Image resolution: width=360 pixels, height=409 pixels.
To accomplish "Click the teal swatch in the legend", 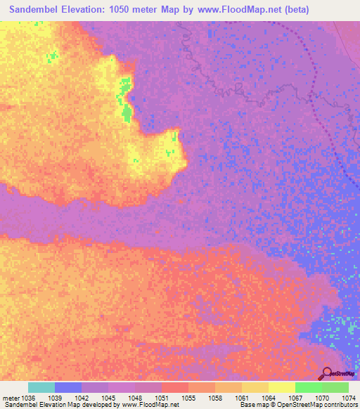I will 41,387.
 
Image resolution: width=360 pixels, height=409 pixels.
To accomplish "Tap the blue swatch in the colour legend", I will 68,387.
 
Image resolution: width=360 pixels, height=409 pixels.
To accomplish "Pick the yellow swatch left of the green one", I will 282,387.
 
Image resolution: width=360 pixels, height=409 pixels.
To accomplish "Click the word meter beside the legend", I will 11,398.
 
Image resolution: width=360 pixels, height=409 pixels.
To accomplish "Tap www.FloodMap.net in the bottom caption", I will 150,405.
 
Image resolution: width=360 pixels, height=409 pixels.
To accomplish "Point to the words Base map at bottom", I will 251,405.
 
